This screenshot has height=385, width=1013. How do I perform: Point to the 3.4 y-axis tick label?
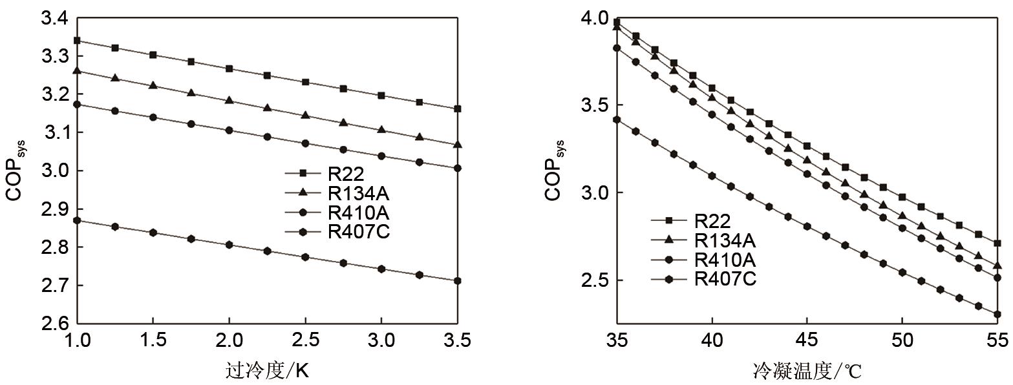pyautogui.click(x=54, y=19)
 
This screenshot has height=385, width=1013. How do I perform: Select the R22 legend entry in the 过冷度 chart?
pyautogui.click(x=346, y=173)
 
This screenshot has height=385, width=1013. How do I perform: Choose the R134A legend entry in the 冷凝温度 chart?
pyautogui.click(x=724, y=240)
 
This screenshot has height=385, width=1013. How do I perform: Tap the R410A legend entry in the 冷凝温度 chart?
pyautogui.click(x=724, y=260)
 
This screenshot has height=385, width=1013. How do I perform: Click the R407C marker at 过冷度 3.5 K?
pyautogui.click(x=457, y=281)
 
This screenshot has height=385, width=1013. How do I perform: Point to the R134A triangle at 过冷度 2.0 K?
pyautogui.click(x=229, y=100)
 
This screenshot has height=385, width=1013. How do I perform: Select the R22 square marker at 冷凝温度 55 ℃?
pyautogui.click(x=997, y=244)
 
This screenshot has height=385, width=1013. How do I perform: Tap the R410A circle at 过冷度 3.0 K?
pyautogui.click(x=381, y=156)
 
